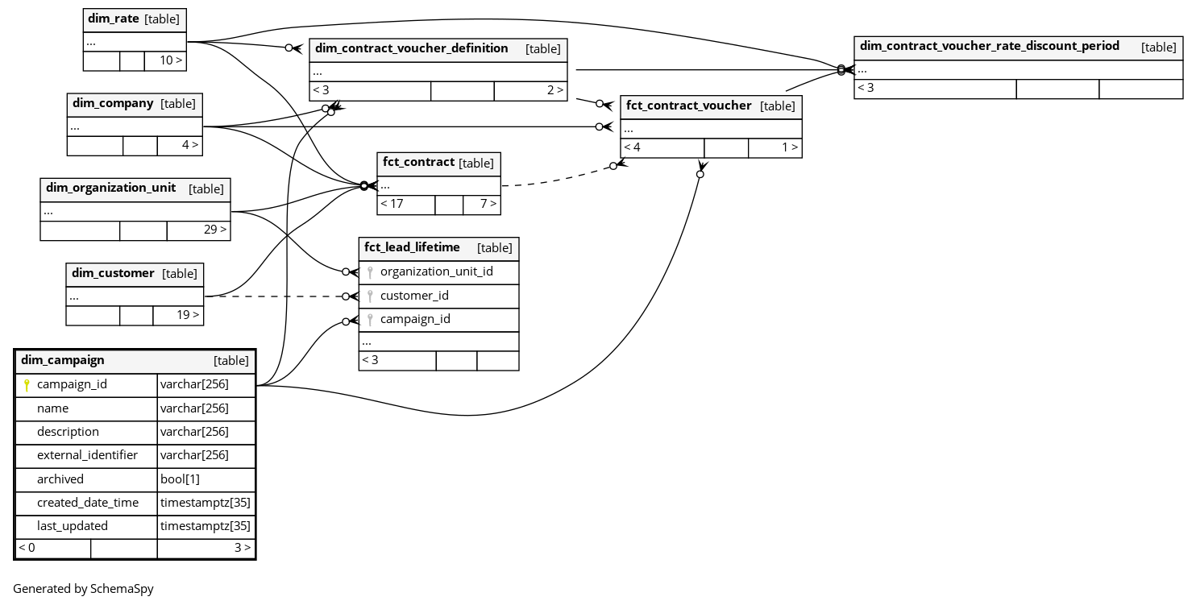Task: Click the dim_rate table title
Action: pos(113,19)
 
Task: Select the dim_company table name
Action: pos(113,104)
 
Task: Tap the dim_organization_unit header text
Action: pos(110,189)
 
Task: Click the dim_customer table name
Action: pos(113,274)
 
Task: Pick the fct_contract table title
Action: pos(418,163)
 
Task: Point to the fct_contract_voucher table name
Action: pos(688,106)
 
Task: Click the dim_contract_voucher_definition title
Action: pos(411,49)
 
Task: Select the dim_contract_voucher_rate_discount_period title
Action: pos(989,47)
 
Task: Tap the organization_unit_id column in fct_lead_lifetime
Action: pos(436,272)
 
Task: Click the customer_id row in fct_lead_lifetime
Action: pos(414,296)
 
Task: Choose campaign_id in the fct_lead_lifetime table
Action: pos(415,319)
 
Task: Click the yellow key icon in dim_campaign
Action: pos(27,385)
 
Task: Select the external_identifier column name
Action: pos(87,455)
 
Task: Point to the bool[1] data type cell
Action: pos(180,479)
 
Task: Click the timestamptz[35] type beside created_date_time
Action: pos(205,503)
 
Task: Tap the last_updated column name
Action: pos(72,526)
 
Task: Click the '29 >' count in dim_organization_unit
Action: pos(214,230)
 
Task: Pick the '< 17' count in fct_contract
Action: pos(392,204)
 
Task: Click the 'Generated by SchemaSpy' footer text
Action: pos(83,589)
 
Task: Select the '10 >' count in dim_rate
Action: pos(170,60)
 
